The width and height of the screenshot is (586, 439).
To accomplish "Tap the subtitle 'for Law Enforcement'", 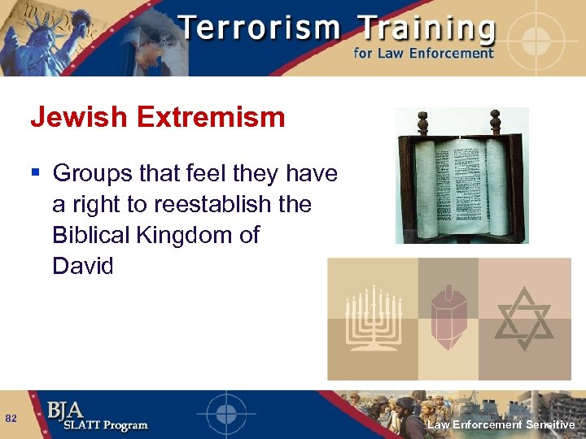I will pyautogui.click(x=423, y=54).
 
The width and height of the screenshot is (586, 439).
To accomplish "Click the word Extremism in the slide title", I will pyautogui.click(x=212, y=118).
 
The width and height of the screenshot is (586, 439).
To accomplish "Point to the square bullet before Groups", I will pyautogui.click(x=35, y=173).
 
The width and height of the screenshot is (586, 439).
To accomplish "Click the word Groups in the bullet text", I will pyautogui.click(x=91, y=173).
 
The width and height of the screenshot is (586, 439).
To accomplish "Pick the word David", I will pyautogui.click(x=82, y=266).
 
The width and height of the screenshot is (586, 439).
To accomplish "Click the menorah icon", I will pyautogui.click(x=372, y=319).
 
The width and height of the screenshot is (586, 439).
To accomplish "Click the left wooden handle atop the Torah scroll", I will pyautogui.click(x=422, y=123).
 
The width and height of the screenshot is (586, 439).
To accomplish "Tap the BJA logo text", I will pyautogui.click(x=65, y=410).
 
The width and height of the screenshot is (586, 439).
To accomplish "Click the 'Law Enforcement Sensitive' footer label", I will pyautogui.click(x=501, y=424).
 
